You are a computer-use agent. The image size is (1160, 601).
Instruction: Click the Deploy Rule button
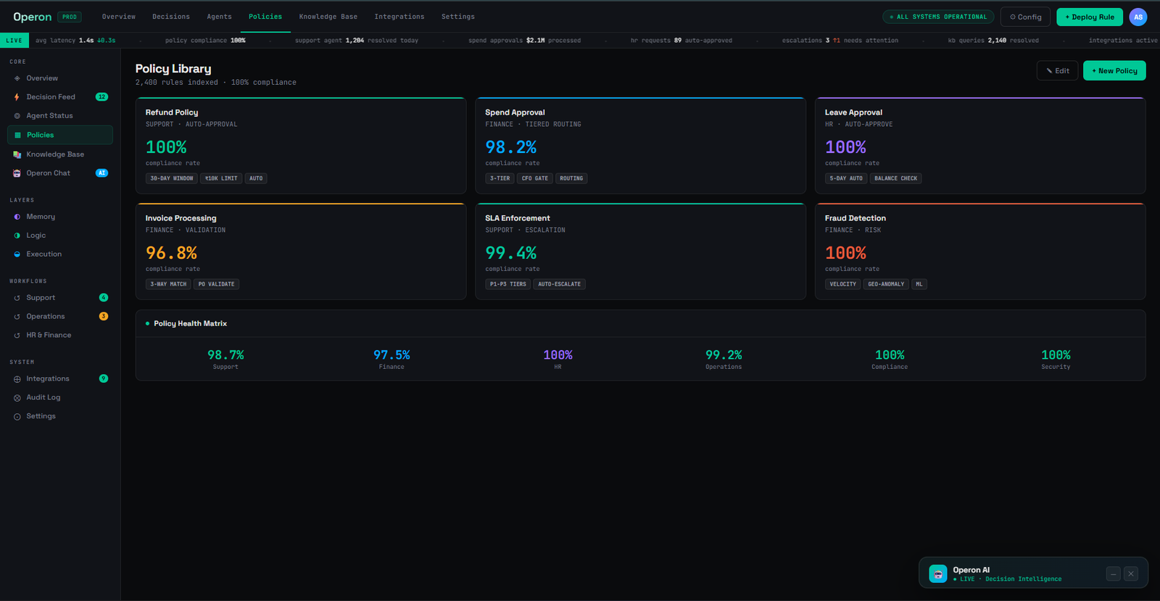tap(1090, 17)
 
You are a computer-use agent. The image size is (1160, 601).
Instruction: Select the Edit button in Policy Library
tap(1057, 70)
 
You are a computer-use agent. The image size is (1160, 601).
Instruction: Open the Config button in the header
tap(1025, 17)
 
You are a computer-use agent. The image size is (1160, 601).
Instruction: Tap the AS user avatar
tap(1138, 17)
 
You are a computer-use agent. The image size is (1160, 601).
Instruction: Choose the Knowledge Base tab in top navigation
tap(328, 17)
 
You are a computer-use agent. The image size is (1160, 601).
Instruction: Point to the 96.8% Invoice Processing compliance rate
tap(171, 252)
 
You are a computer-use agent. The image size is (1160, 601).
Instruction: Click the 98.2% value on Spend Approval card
tap(510, 147)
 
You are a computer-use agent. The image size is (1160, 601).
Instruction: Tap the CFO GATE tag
tap(534, 178)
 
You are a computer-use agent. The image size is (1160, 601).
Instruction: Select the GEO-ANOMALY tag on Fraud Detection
tap(886, 283)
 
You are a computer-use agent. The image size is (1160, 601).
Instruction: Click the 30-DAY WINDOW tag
tap(171, 178)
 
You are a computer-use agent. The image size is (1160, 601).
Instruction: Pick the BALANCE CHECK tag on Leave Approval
tap(895, 178)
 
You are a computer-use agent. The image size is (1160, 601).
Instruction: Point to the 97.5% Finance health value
tap(391, 355)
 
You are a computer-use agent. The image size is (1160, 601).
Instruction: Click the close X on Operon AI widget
tap(1131, 573)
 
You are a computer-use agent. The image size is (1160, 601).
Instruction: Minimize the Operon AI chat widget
tap(1114, 573)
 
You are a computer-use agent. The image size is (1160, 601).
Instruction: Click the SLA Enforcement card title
tap(518, 218)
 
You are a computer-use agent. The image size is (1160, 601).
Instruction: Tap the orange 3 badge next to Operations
tap(104, 316)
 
